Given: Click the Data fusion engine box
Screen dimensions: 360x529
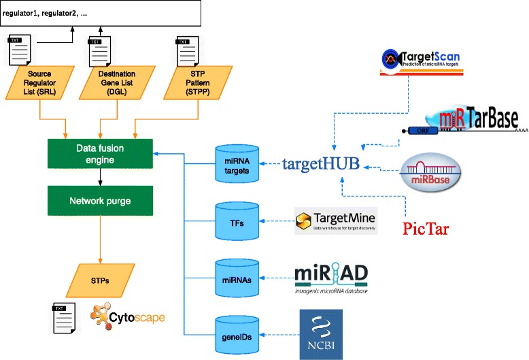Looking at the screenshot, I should [100, 153].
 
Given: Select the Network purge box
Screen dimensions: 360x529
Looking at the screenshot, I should [100, 201].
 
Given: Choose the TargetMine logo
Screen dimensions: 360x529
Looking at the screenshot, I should [336, 222].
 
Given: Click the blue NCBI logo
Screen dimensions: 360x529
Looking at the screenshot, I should [321, 334].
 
